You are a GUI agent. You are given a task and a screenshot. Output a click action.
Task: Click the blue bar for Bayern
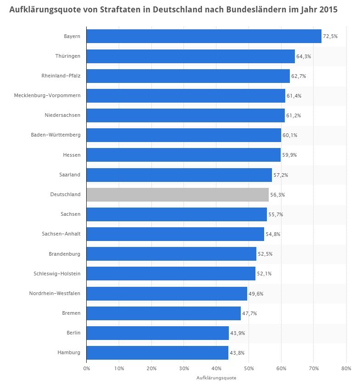click(204, 36)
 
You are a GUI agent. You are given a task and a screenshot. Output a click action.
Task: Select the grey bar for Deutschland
click(177, 194)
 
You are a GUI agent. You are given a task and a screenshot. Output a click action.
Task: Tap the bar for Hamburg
click(157, 352)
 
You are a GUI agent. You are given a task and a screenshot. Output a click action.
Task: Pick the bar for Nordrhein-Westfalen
click(166, 293)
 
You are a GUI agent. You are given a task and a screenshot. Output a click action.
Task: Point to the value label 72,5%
click(330, 36)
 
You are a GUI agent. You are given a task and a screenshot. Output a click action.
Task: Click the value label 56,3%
click(277, 194)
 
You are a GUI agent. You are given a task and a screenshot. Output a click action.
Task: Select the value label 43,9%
click(238, 333)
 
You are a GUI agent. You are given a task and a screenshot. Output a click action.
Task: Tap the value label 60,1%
click(290, 135)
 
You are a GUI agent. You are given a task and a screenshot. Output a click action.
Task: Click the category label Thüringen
click(67, 56)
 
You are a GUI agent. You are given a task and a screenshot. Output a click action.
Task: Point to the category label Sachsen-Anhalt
click(61, 234)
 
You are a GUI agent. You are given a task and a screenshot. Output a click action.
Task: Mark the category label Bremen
click(72, 313)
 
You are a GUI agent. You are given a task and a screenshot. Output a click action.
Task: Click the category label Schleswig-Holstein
click(57, 274)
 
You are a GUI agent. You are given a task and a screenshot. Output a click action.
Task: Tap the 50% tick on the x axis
click(249, 368)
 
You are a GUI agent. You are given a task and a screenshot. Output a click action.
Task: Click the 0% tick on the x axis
click(86, 368)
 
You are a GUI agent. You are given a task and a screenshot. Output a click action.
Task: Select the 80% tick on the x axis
click(346, 368)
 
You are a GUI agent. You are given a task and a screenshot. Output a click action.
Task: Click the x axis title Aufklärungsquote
click(216, 378)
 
